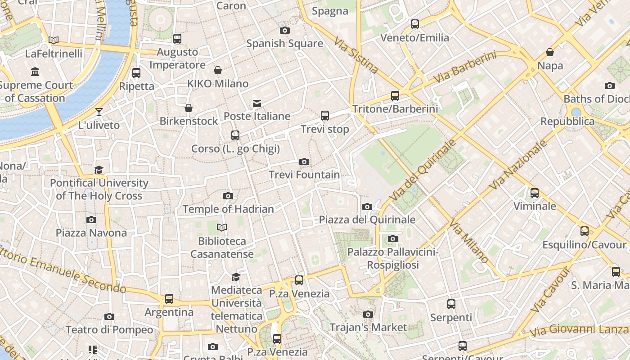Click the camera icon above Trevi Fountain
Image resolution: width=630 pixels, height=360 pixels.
(x=304, y=162)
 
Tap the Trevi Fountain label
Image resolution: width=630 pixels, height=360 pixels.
(x=304, y=175)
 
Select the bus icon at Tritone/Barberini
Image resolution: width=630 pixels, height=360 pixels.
(x=395, y=95)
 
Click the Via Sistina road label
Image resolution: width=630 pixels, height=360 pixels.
(x=356, y=55)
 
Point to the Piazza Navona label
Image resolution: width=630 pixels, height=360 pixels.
(x=91, y=233)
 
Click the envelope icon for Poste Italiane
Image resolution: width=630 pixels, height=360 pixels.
(x=257, y=103)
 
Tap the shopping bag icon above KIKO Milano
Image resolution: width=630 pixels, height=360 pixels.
(x=218, y=70)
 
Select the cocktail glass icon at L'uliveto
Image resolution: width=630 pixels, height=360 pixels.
(x=99, y=112)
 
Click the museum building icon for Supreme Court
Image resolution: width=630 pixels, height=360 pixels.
(x=35, y=72)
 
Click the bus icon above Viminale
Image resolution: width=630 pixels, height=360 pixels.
(x=535, y=193)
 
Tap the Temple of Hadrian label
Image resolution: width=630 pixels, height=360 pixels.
(x=228, y=209)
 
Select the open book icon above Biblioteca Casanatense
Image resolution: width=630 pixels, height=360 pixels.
(x=222, y=227)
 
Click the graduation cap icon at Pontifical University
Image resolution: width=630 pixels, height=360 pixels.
(x=99, y=170)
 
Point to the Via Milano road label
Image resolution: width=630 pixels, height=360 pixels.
(x=469, y=242)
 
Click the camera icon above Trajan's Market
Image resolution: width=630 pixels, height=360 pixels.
(x=368, y=314)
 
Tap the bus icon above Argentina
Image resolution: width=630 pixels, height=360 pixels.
(x=169, y=298)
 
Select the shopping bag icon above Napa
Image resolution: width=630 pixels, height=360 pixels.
(x=550, y=52)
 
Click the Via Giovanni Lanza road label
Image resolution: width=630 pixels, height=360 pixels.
(x=579, y=330)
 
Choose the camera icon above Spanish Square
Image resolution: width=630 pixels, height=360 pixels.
(x=285, y=30)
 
